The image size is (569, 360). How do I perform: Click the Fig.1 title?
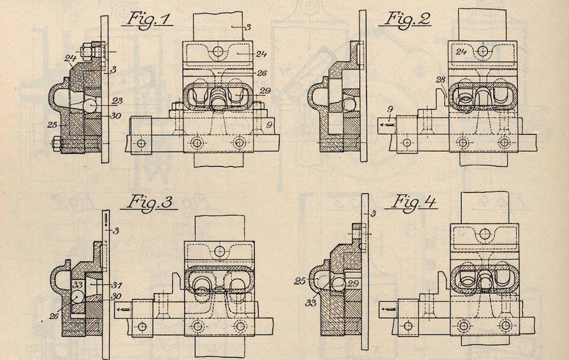coord(148,20)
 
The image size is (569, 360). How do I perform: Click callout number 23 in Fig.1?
coord(116,101)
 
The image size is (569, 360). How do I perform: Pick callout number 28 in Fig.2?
coord(440,80)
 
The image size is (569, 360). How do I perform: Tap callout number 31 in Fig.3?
coord(116,285)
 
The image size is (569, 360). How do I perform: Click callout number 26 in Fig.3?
coord(53,316)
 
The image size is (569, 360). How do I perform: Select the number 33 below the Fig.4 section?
coord(311,303)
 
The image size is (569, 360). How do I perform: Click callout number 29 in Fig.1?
coord(265,91)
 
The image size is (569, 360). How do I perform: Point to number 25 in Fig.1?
coord(53,125)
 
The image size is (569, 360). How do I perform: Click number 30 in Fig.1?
coord(116,116)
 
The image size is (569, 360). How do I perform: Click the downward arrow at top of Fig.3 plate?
coord(105,220)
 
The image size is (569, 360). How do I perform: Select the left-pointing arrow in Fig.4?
coord(389,309)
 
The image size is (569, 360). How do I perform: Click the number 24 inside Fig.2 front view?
coord(461,52)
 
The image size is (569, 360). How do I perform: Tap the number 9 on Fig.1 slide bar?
coord(269,125)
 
